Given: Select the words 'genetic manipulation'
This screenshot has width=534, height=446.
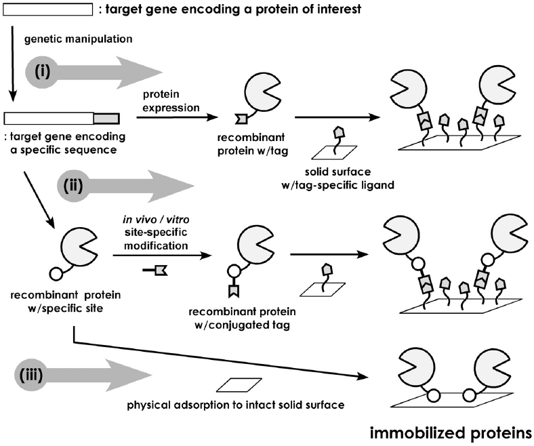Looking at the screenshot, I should (69, 40).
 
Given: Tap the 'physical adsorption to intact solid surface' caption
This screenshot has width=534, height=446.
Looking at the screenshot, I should (237, 405).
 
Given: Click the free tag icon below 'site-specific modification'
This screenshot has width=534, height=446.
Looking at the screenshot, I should (156, 270).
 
